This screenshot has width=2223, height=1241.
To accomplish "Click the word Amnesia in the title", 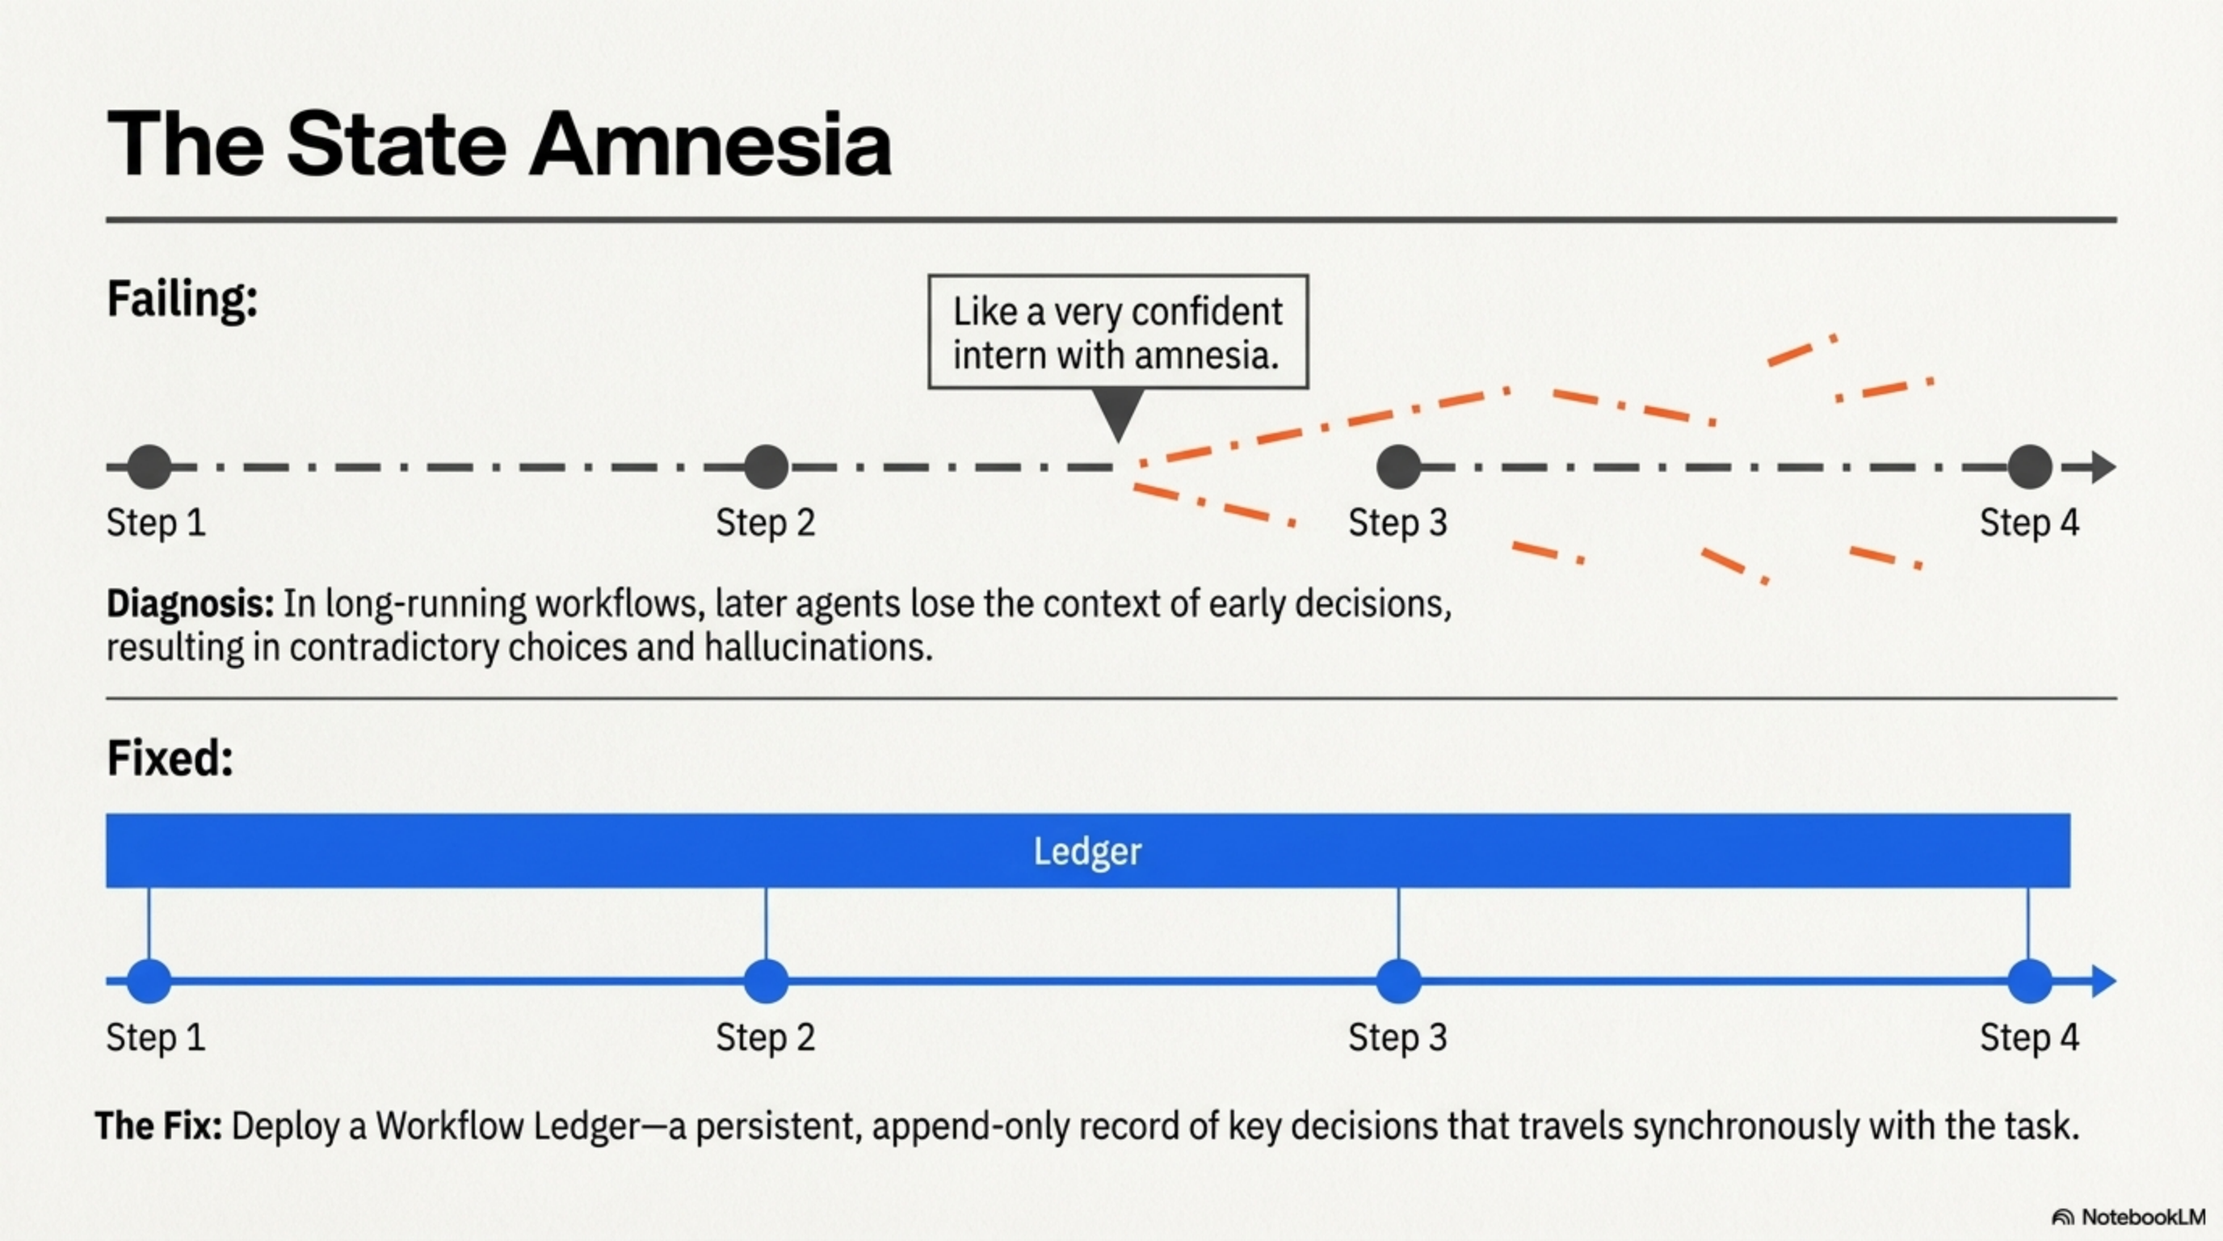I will point(709,144).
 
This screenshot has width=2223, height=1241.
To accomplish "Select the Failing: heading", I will point(182,300).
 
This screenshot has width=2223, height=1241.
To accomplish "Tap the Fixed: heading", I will point(170,759).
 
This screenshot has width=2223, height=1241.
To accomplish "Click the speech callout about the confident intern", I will point(1117,332).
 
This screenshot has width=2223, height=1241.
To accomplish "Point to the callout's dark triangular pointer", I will point(1119,413).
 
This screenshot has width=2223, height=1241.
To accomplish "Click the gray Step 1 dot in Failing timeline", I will point(149,467).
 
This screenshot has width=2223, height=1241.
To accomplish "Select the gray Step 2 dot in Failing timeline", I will point(766,467).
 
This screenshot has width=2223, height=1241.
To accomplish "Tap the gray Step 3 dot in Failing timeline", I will point(1398,467).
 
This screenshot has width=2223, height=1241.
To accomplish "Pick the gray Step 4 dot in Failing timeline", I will point(2029,467).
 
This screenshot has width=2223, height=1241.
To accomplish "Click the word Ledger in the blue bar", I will point(1087,851).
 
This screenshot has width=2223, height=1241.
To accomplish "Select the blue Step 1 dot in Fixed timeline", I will point(149,981).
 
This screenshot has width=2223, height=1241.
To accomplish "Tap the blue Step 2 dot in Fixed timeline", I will point(766,981).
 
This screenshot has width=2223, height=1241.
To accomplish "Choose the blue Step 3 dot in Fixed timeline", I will point(1398,981).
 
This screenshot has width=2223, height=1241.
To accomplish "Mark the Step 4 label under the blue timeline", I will point(2029,1037).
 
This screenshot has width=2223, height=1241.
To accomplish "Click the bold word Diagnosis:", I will point(190,604).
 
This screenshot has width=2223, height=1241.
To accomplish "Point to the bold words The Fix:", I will point(158,1126).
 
